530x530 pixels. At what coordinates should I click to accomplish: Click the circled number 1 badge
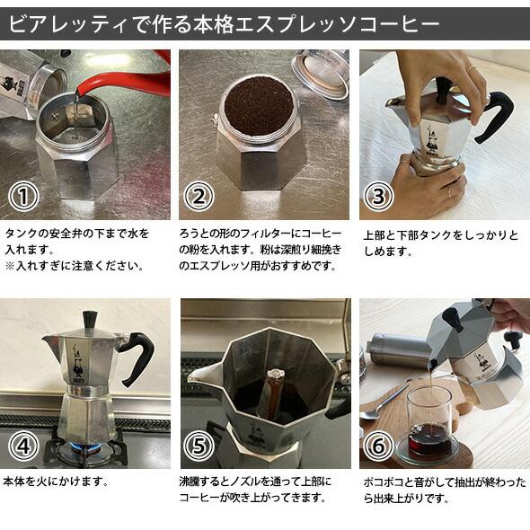tap(22, 197)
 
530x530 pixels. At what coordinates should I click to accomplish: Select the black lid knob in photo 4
tap(89, 320)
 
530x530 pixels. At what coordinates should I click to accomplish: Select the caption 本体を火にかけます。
tap(57, 481)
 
